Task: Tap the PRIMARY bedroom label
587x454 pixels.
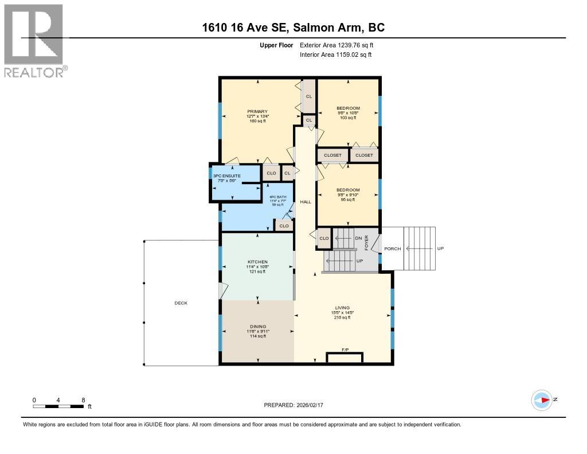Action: click(257, 111)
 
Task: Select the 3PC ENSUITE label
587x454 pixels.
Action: click(226, 175)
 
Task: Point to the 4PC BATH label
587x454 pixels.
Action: click(277, 197)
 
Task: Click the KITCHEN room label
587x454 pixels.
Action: click(257, 262)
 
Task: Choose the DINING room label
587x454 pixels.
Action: click(257, 327)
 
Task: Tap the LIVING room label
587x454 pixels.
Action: click(342, 308)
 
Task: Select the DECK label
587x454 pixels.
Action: click(181, 303)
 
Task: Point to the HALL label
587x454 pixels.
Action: click(305, 201)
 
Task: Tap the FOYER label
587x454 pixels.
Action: click(367, 243)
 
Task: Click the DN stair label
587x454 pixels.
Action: click(358, 238)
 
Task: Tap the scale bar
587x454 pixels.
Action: click(59, 406)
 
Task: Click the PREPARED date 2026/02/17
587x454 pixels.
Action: click(293, 405)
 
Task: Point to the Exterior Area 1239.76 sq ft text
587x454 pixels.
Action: click(336, 45)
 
